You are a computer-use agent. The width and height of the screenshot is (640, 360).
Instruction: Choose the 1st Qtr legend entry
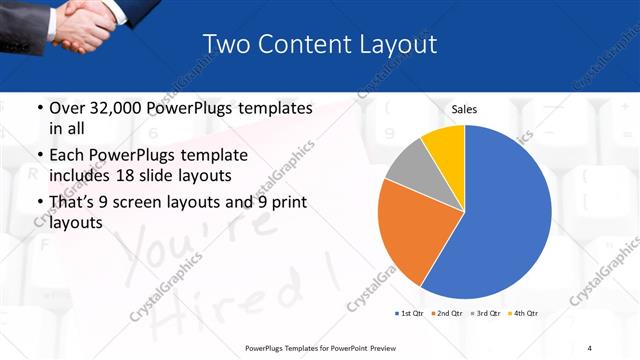412,314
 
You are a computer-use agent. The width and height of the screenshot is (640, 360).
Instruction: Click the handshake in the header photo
85,25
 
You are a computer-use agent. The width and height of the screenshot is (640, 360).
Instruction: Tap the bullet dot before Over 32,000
39,107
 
